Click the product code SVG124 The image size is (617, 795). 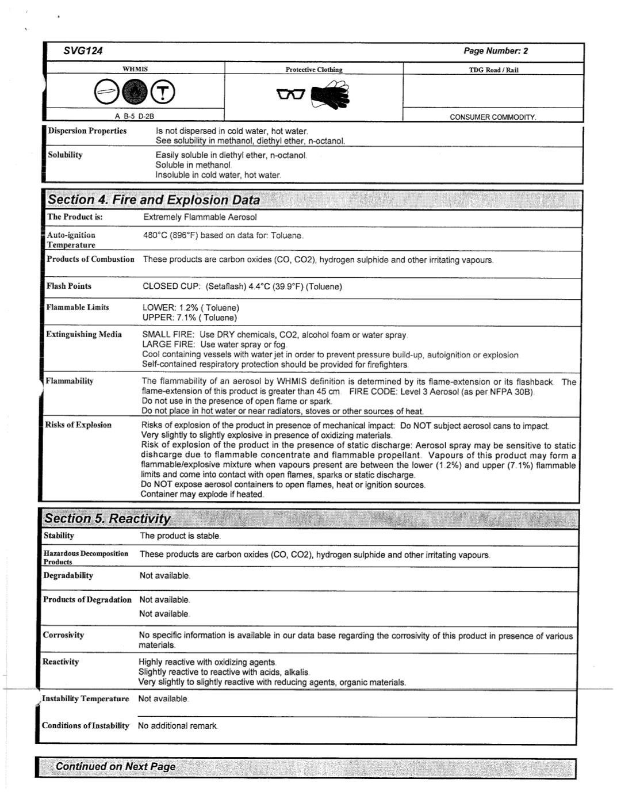(83, 51)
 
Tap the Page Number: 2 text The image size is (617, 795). (496, 51)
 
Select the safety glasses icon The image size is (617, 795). (290, 94)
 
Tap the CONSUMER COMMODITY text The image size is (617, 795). (492, 117)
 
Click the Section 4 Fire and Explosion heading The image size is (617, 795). (154, 200)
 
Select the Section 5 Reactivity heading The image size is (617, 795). (108, 519)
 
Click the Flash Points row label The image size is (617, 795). (69, 286)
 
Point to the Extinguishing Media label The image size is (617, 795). (84, 334)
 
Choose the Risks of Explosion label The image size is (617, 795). (78, 425)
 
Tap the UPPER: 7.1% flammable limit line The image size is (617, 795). (190, 318)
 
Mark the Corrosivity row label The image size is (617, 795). (63, 635)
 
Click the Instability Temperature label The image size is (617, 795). (85, 698)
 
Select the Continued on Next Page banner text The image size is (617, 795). (116, 767)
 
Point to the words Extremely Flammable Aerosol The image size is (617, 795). (200, 217)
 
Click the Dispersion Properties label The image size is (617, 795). (87, 131)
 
